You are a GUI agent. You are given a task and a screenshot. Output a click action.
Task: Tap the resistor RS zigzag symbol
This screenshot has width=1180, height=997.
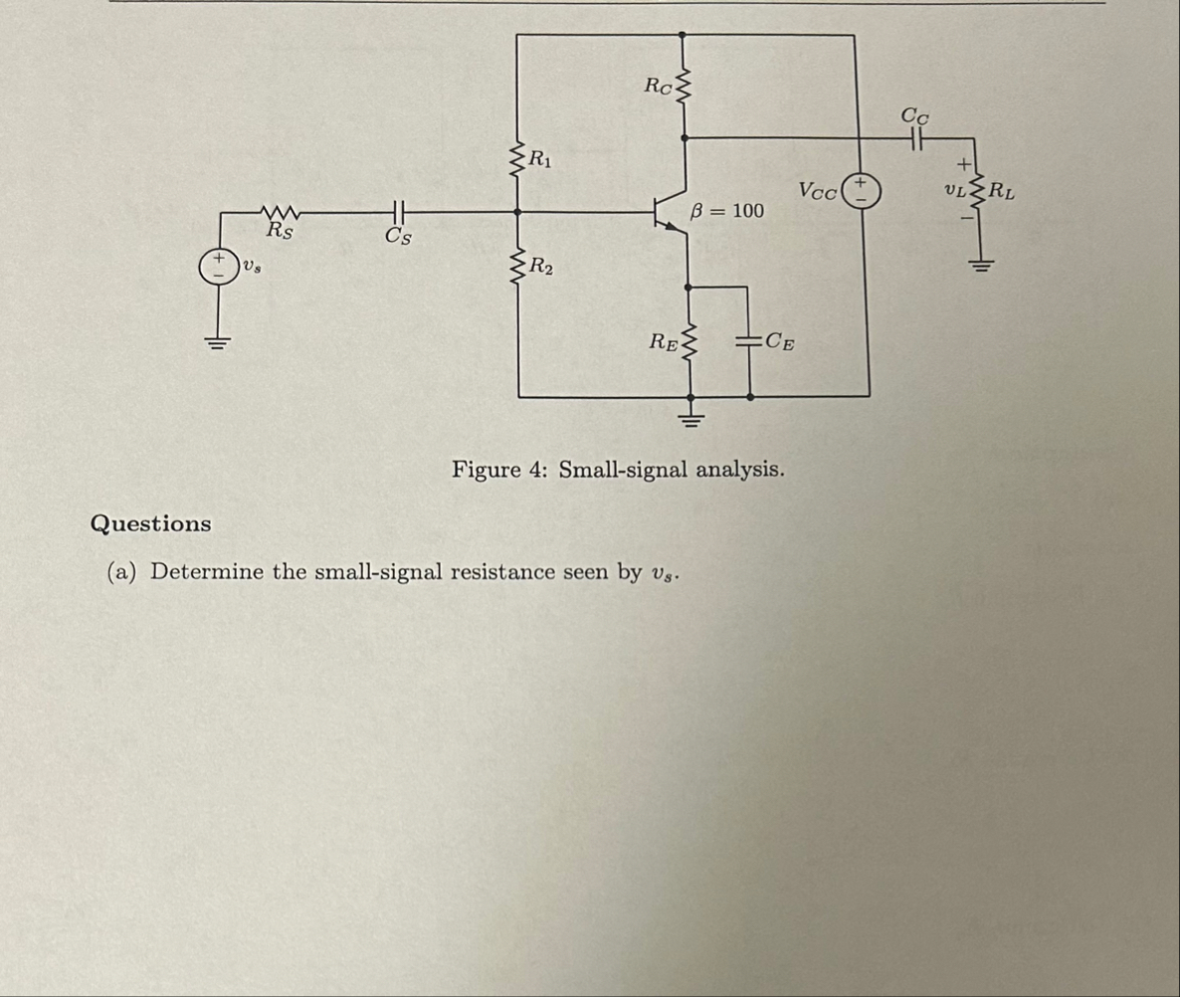(280, 212)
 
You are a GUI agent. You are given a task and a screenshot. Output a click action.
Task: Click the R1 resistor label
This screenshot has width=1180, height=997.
(542, 157)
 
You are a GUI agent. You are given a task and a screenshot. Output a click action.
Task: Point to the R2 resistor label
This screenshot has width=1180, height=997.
(542, 266)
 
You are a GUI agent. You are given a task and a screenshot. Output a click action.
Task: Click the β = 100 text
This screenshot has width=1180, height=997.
(727, 211)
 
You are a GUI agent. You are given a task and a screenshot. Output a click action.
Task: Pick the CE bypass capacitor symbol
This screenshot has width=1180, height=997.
(748, 342)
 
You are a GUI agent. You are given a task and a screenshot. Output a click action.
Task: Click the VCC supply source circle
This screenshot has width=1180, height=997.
(857, 191)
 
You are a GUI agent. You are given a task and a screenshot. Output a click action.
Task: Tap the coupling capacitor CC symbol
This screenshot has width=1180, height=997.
(913, 138)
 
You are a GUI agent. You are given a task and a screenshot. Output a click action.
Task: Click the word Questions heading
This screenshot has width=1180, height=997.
(150, 523)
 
